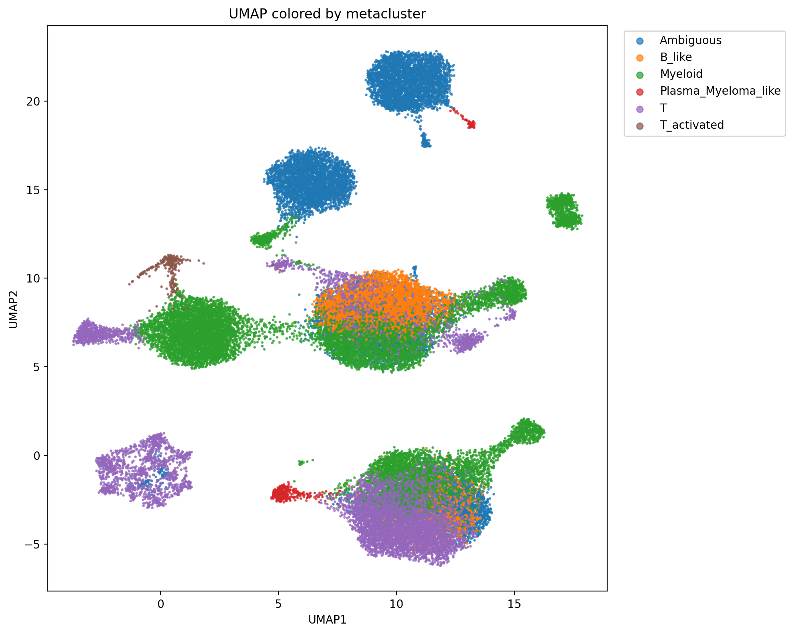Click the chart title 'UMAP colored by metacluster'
(x=327, y=14)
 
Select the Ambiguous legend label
(x=690, y=40)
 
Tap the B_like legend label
(x=676, y=57)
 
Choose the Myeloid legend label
(x=681, y=74)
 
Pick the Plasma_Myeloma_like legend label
(x=720, y=91)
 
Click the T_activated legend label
(x=692, y=125)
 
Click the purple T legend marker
(x=640, y=108)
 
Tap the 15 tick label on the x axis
(x=514, y=604)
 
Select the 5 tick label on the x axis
(x=279, y=604)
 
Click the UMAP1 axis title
(x=327, y=620)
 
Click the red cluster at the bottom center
(x=283, y=493)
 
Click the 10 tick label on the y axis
(x=35, y=278)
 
